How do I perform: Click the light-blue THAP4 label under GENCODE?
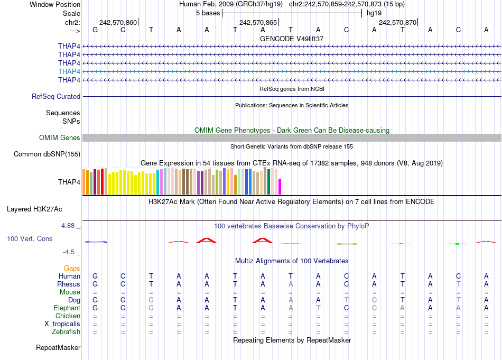pos(69,71)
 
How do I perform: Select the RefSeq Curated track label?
pos(56,97)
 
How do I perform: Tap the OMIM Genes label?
pos(60,138)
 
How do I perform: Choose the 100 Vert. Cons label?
pos(30,239)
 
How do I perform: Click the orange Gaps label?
pos(72,269)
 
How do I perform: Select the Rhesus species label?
pos(69,284)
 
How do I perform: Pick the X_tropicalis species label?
pos(62,324)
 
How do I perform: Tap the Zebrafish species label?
pos(66,332)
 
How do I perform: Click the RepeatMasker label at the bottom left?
pos(58,348)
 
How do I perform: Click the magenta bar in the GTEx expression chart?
pos(280,187)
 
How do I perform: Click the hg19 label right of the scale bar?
pos(374,13)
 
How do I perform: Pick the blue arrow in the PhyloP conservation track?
pos(96,242)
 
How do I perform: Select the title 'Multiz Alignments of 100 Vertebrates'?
pos(292,261)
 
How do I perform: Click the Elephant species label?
pos(67,308)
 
